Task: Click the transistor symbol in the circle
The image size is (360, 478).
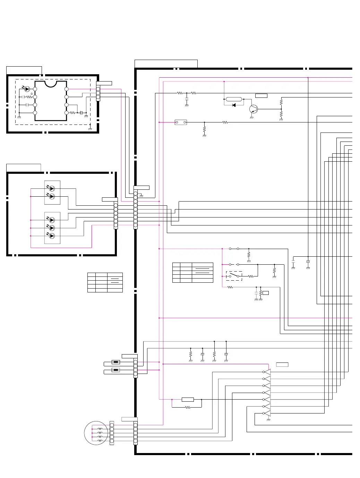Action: (x=254, y=109)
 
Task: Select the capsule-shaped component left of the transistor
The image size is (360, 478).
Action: (x=234, y=99)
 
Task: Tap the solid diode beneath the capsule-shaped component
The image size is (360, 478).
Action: (x=234, y=105)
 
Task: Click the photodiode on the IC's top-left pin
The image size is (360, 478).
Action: (x=27, y=89)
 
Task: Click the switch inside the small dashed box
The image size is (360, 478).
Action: (x=234, y=276)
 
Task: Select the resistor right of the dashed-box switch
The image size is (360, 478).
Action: (x=251, y=276)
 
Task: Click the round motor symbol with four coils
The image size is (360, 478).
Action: (x=96, y=433)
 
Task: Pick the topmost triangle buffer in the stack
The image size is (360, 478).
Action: (x=267, y=372)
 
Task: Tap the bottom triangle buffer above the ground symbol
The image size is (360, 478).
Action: (x=267, y=413)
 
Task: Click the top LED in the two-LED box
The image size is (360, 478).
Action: (x=52, y=189)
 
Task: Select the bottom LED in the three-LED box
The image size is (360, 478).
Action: (x=52, y=236)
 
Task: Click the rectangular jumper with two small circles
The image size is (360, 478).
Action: (x=181, y=122)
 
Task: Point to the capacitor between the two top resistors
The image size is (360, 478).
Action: (x=187, y=100)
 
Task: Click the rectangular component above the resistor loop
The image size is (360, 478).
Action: (x=188, y=400)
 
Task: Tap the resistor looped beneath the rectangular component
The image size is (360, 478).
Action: (x=188, y=408)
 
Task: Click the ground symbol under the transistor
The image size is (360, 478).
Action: (x=251, y=118)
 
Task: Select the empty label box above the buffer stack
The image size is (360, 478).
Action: (x=282, y=365)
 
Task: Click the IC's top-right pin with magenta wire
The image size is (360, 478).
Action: (x=67, y=89)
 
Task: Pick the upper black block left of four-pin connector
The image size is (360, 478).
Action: (x=116, y=362)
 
